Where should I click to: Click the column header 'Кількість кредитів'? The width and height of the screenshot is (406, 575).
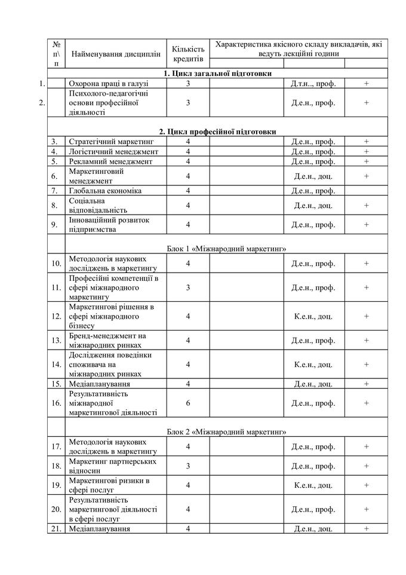click(188, 54)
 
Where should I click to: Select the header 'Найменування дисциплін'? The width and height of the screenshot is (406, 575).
click(116, 54)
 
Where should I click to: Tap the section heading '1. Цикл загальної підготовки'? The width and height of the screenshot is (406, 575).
click(218, 74)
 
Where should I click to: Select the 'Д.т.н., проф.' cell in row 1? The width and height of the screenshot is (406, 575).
click(313, 83)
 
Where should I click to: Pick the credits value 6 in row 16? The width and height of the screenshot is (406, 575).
click(188, 403)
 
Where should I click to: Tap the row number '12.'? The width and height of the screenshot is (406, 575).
click(56, 316)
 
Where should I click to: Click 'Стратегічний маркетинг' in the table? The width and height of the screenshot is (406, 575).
click(111, 142)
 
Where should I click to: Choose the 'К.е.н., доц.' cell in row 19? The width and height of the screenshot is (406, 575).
click(313, 485)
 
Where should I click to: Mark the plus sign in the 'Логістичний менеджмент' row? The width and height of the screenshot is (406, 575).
click(366, 152)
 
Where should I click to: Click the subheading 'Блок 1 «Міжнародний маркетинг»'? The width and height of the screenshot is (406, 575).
click(218, 248)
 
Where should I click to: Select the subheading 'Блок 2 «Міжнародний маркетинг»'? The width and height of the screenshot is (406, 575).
click(218, 432)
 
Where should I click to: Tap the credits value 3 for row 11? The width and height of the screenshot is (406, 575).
click(188, 287)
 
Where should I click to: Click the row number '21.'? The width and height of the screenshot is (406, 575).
click(56, 528)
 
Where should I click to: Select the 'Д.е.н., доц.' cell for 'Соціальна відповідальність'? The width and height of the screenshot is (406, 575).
click(313, 205)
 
